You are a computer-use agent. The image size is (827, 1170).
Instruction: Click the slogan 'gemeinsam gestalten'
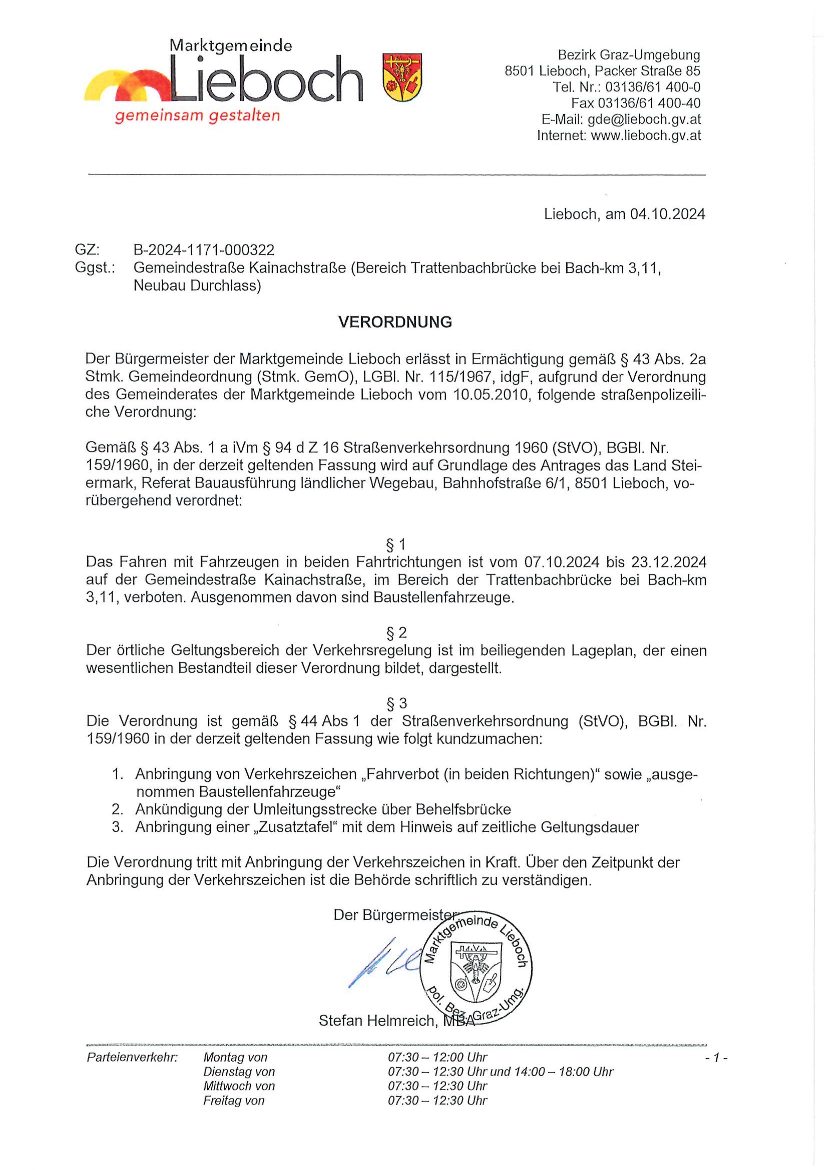[197, 116]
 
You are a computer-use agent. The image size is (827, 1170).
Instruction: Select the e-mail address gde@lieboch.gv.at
[644, 119]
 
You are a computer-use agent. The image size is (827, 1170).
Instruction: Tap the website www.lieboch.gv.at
[646, 136]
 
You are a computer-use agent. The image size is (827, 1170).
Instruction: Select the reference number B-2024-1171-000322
[204, 250]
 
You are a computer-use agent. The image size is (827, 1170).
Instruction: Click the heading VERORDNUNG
[395, 322]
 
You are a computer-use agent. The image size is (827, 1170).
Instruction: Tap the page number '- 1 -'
[716, 1058]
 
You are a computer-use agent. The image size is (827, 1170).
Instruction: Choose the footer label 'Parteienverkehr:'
[132, 1057]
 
